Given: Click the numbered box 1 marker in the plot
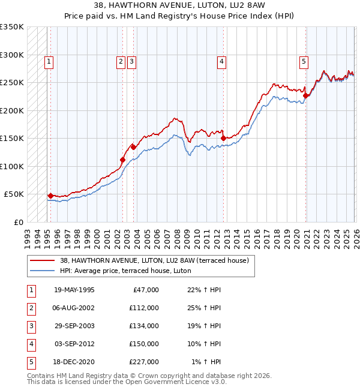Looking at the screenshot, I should (x=49, y=61).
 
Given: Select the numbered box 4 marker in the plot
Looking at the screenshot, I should (x=221, y=61).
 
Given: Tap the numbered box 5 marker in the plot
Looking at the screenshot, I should (x=304, y=61).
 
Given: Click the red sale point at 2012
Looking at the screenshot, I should (x=223, y=138).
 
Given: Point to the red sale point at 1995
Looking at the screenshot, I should (x=50, y=196).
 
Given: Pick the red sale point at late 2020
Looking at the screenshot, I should (x=305, y=95).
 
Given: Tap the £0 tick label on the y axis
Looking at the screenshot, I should (x=17, y=222).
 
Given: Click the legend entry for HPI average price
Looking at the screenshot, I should (x=125, y=271).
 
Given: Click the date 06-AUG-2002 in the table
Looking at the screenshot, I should (x=74, y=308).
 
